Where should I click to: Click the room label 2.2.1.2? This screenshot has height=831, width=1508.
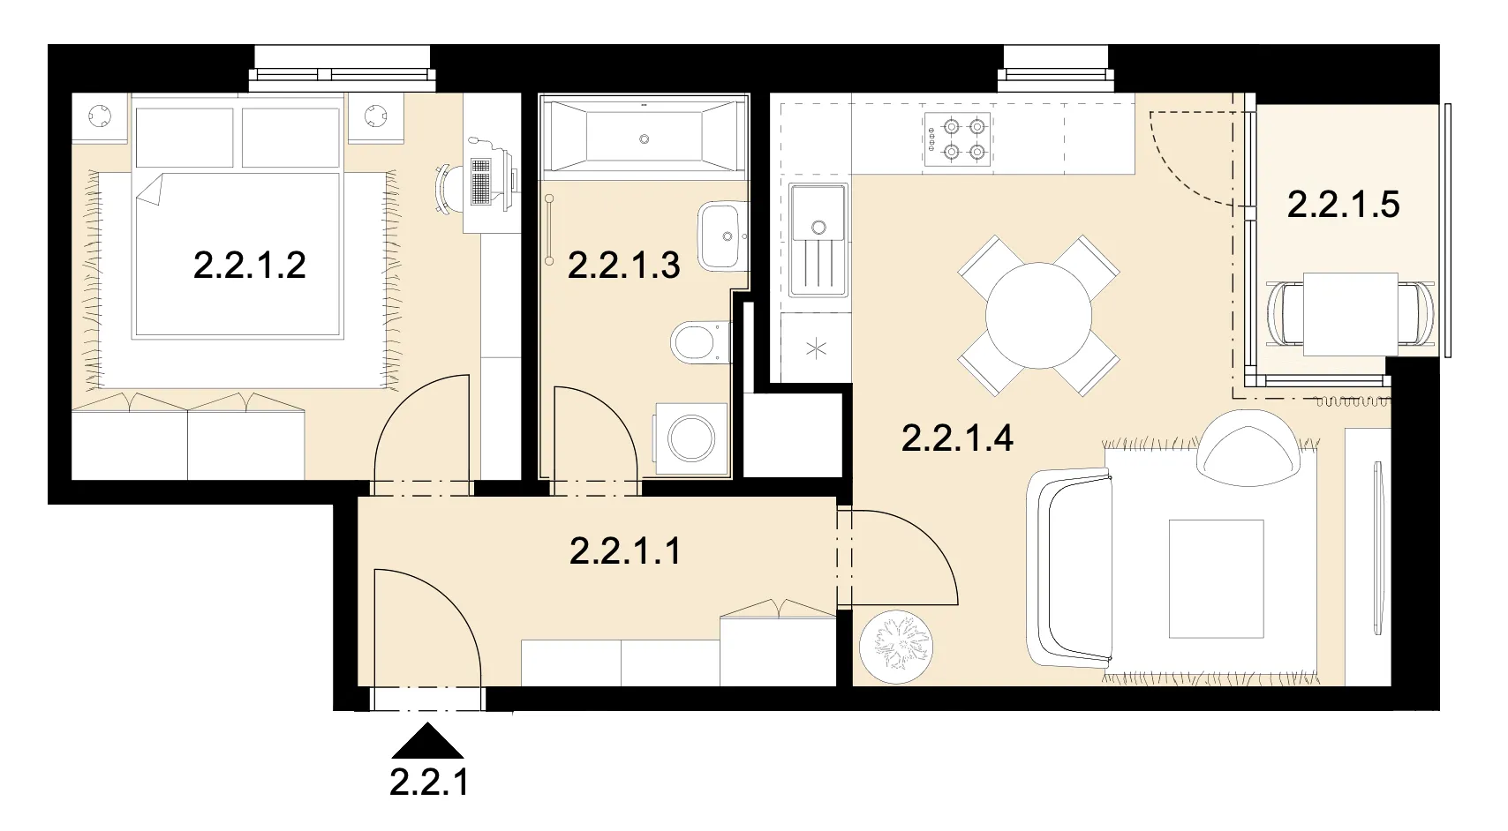coord(250,266)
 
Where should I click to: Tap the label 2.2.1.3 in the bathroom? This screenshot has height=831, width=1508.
coord(624,266)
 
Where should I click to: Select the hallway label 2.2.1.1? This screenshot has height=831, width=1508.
coord(625,551)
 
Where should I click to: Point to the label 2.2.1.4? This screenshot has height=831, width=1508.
coord(957,438)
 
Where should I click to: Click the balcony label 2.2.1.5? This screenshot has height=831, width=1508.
coord(1344,205)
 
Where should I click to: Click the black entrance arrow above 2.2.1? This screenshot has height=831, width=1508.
coord(427,741)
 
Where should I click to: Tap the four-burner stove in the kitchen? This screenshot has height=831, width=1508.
coord(958,139)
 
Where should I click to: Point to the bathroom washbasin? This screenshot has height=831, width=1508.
coord(721,236)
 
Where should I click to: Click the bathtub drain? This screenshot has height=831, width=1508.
coord(645,139)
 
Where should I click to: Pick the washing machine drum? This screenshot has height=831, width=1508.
coord(690,438)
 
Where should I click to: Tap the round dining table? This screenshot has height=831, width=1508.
coord(1039,316)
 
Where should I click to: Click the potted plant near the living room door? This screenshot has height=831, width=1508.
coord(896,647)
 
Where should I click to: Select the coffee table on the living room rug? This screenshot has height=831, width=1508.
coord(1216,579)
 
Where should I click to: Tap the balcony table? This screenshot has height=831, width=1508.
coord(1351,314)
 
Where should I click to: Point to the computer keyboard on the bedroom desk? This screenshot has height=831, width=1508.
coord(480,182)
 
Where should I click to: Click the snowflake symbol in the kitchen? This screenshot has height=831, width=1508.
coord(816,349)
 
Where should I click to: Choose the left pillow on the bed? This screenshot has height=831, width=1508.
coord(185,138)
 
